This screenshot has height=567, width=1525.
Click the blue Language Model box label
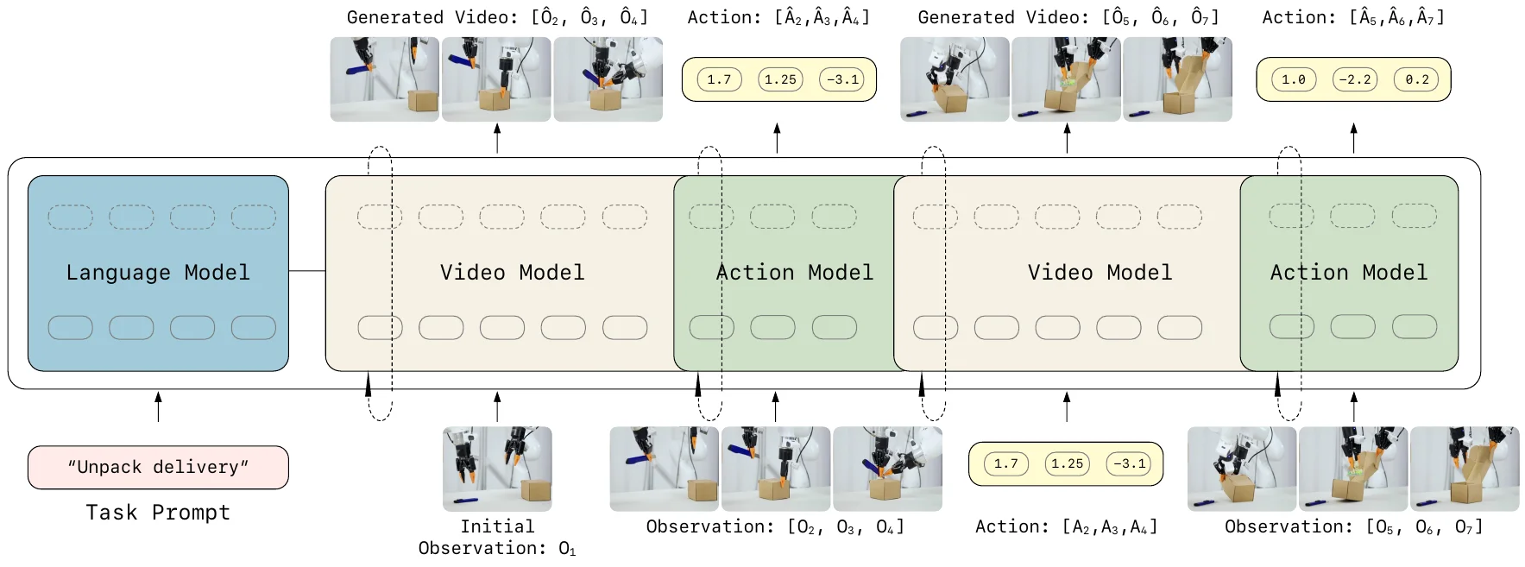pos(158,273)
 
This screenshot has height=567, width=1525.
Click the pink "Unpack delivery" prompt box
pos(158,467)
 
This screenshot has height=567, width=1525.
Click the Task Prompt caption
pos(158,513)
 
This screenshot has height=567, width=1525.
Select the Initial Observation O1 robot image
pos(497,469)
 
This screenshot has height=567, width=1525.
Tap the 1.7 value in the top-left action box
pos(719,79)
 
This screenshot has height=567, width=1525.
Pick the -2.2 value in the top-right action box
pos(1354,79)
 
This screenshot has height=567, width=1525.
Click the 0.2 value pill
pos(1416,79)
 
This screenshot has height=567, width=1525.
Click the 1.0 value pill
pos(1293,79)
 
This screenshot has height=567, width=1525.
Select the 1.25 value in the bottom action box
pos(1067,463)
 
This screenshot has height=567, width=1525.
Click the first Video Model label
pos(512,273)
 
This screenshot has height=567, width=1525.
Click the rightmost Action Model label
pos(1348,273)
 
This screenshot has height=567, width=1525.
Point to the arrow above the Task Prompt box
pos(158,406)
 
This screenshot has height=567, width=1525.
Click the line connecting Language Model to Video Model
pos(306,271)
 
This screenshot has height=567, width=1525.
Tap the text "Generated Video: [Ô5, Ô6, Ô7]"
pos(1068,17)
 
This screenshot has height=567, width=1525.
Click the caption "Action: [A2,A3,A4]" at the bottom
pos(1066,526)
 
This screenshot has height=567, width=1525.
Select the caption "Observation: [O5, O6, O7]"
pos(1353,526)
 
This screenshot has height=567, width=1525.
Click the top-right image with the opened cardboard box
pos(1178,79)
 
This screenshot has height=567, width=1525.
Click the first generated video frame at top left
pos(384,79)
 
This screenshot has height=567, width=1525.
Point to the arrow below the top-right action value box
pos(1353,138)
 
